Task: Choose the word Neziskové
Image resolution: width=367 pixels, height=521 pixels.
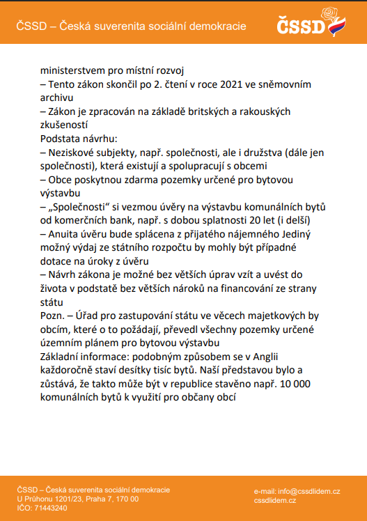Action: tap(73, 152)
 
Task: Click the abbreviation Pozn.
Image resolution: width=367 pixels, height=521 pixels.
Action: tap(52, 316)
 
